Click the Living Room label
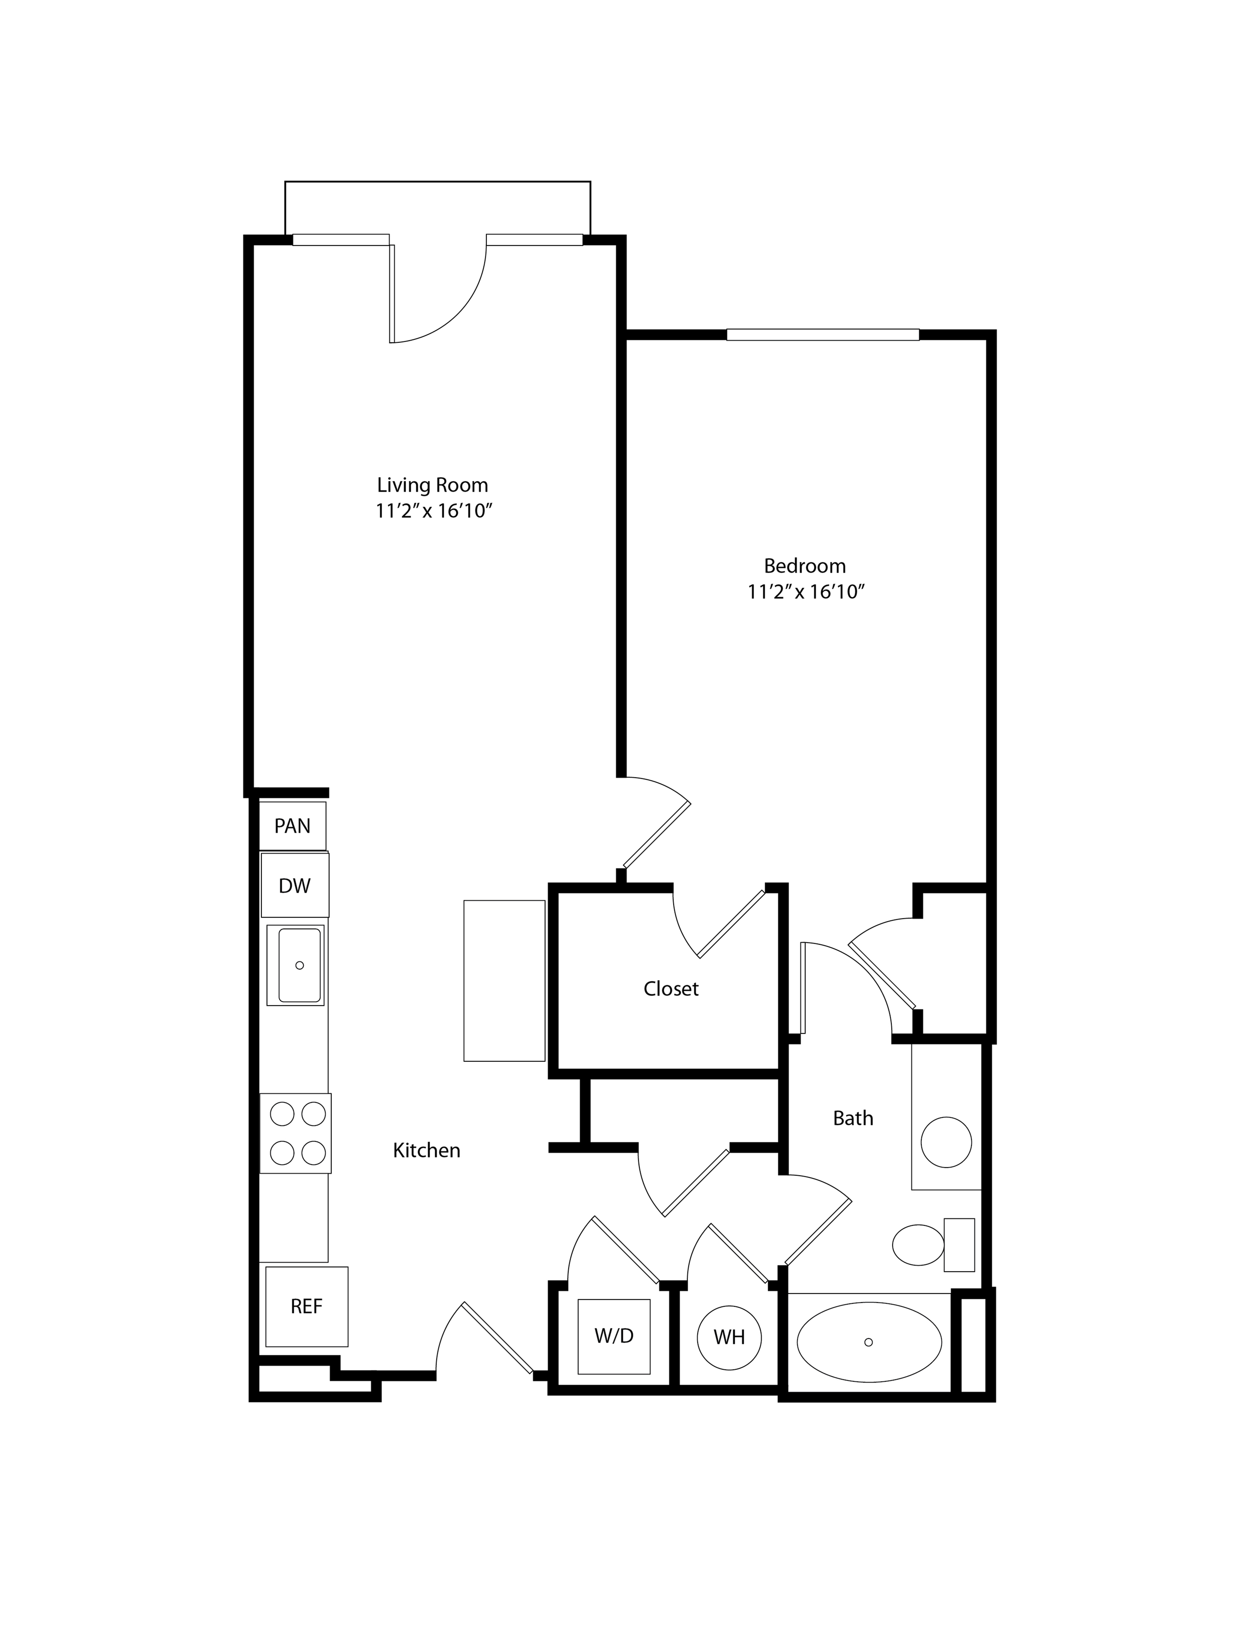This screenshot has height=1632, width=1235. pyautogui.click(x=432, y=485)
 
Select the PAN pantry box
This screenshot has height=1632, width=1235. pyautogui.click(x=292, y=826)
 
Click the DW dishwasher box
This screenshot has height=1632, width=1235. pyautogui.click(x=294, y=885)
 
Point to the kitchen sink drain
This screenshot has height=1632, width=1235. pyautogui.click(x=300, y=965)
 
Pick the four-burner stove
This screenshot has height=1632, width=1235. pyautogui.click(x=295, y=1133)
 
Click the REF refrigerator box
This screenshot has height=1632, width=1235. pyautogui.click(x=306, y=1307)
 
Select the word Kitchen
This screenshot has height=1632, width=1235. pyautogui.click(x=426, y=1150)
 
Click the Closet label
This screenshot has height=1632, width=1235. pyautogui.click(x=671, y=988)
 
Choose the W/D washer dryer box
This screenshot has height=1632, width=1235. pyautogui.click(x=614, y=1336)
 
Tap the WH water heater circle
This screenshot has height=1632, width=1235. pyautogui.click(x=729, y=1337)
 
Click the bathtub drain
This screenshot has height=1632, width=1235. pyautogui.click(x=868, y=1342)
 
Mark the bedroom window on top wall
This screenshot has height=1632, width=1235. pyautogui.click(x=823, y=334)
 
